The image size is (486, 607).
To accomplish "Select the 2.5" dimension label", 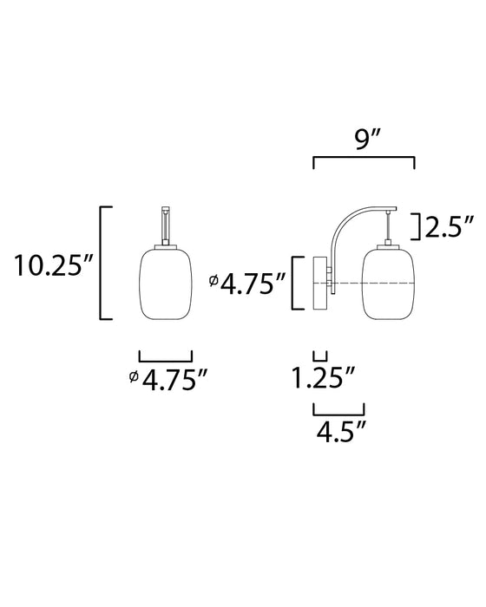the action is click(x=450, y=226).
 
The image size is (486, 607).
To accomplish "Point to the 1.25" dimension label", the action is click(x=323, y=378).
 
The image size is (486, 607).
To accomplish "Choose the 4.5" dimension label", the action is click(x=341, y=432).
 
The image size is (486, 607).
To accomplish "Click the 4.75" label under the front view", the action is click(x=168, y=380).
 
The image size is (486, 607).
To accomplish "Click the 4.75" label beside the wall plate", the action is click(x=247, y=284).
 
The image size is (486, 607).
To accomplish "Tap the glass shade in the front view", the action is click(x=166, y=284).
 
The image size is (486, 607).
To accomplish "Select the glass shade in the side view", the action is click(x=388, y=284).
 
